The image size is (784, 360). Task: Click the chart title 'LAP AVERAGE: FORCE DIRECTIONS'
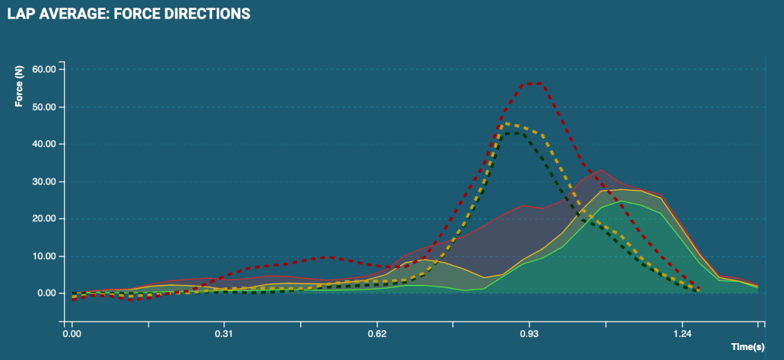(x=129, y=14)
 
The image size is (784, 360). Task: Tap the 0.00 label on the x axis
(x=71, y=334)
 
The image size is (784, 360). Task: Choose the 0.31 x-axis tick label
(x=224, y=334)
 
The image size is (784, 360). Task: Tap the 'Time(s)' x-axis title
(x=747, y=347)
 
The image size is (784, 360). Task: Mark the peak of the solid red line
(x=601, y=169)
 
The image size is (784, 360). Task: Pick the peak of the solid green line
(x=621, y=201)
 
